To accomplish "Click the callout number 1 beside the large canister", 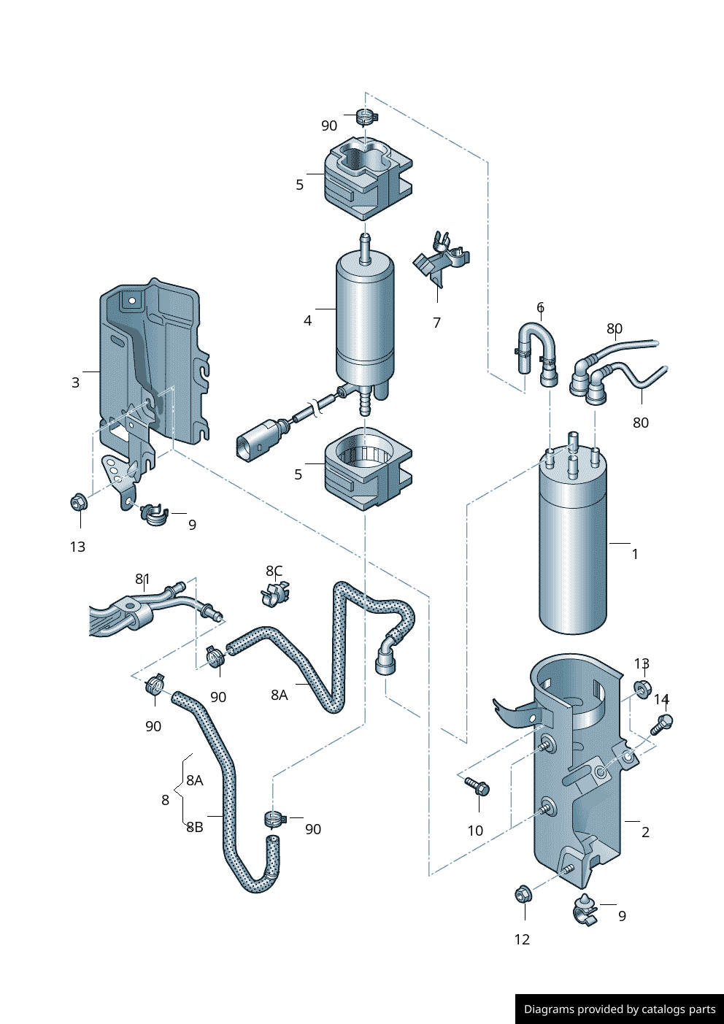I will [635, 554].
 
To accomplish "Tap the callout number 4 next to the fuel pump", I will [308, 320].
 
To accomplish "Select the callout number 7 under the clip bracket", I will [436, 323].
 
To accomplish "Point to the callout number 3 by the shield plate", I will [75, 382].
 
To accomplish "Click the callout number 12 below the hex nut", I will [522, 939].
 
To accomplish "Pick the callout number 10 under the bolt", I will [475, 831].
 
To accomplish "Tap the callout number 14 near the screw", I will [661, 699].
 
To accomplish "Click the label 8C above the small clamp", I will [274, 571].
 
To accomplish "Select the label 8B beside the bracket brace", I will [195, 827].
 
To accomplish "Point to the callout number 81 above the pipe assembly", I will [142, 579].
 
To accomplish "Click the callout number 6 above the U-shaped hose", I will [540, 307].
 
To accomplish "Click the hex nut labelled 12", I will [523, 893].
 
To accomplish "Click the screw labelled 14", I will [662, 723].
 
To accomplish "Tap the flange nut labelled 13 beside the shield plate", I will [78, 502].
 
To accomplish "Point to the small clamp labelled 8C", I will [275, 593].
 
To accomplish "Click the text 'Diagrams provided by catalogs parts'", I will [620, 1009].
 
